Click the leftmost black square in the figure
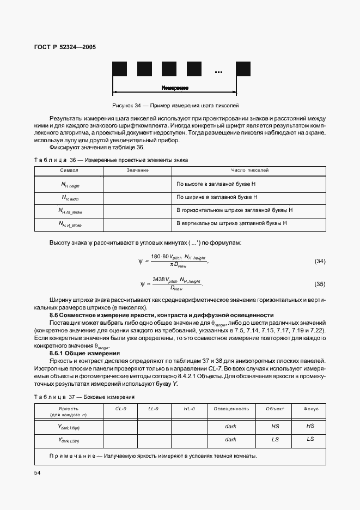pyautogui.click(x=119, y=69)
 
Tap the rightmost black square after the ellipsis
pyautogui.click(x=243, y=69)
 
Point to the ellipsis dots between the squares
pyautogui.click(x=219, y=72)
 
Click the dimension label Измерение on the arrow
pyautogui.click(x=175, y=88)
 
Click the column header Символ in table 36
pyautogui.click(x=69, y=171)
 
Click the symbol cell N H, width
pyautogui.click(x=70, y=198)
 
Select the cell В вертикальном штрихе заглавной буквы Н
pyautogui.click(x=231, y=223)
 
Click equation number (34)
pyautogui.click(x=320, y=262)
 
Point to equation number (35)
pyautogui.click(x=320, y=284)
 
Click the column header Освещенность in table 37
pyautogui.click(x=231, y=409)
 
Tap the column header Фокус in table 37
pyautogui.click(x=310, y=409)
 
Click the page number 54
pyautogui.click(x=38, y=473)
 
